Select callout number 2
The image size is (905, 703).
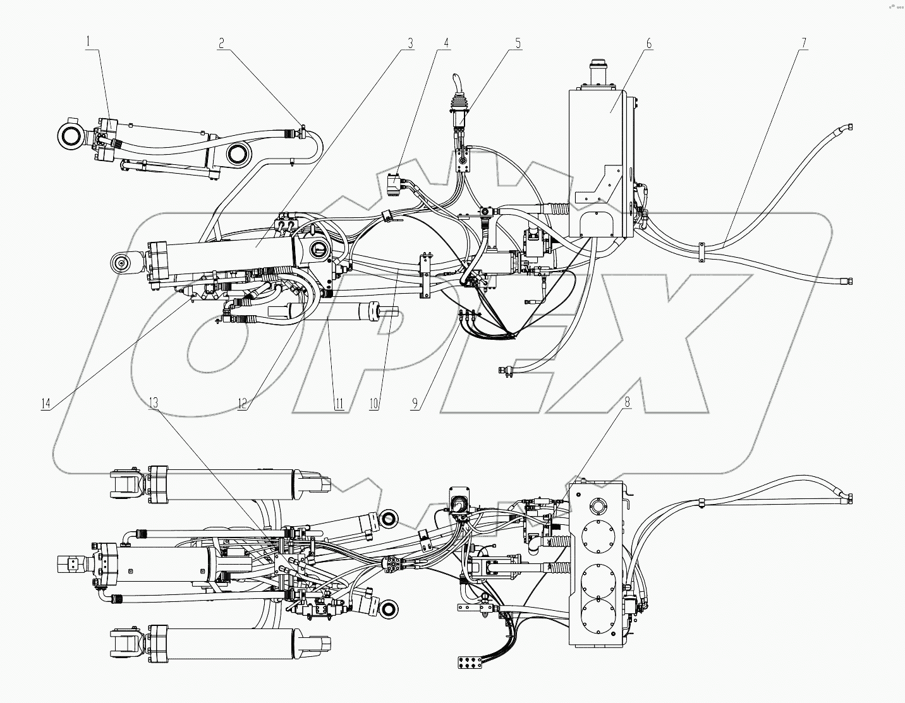point(221,43)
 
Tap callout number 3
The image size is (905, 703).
point(410,43)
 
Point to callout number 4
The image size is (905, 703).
point(446,43)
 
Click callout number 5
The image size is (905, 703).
point(518,43)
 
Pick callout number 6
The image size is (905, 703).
point(648,43)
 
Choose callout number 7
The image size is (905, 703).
point(804,43)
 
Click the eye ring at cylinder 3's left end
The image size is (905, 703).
point(119,263)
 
